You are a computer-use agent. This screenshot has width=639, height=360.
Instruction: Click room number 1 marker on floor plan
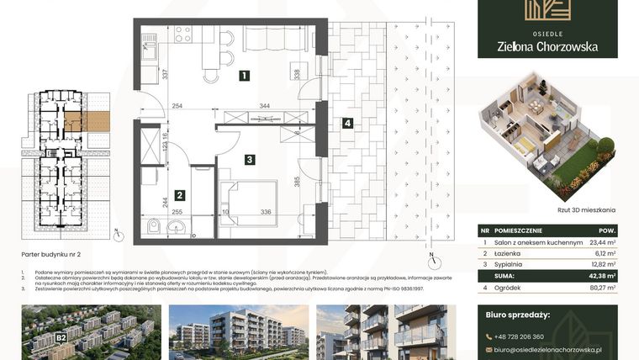click(x=243, y=76)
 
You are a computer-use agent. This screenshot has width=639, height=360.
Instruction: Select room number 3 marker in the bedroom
click(x=250, y=158)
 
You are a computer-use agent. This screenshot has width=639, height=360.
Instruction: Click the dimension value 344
click(x=264, y=107)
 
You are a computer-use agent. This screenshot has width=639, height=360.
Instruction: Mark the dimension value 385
click(x=297, y=179)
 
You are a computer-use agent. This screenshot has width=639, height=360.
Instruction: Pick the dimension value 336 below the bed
click(x=265, y=213)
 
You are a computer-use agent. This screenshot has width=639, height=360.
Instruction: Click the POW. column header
click(x=605, y=230)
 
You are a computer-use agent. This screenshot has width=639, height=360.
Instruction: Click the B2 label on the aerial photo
click(x=61, y=338)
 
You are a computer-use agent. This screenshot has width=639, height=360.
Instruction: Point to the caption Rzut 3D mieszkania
click(x=546, y=209)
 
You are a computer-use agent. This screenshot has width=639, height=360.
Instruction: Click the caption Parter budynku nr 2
click(x=52, y=252)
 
